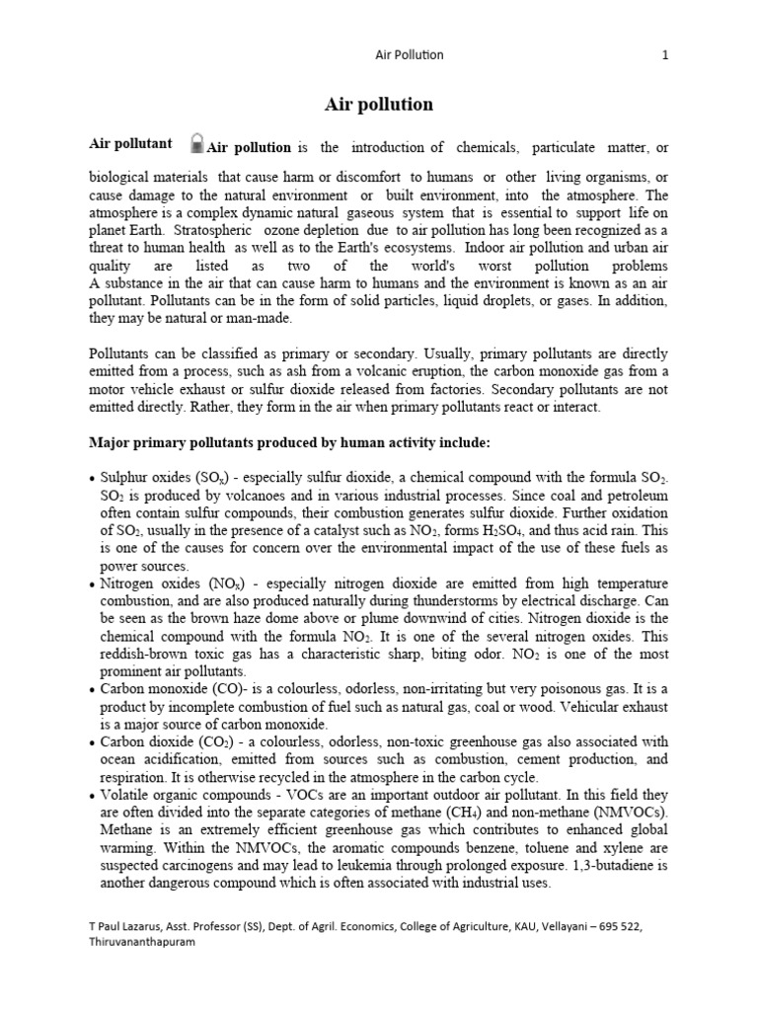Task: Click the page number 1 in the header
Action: point(665,55)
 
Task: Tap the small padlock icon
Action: point(197,143)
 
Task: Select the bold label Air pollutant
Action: point(131,144)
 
